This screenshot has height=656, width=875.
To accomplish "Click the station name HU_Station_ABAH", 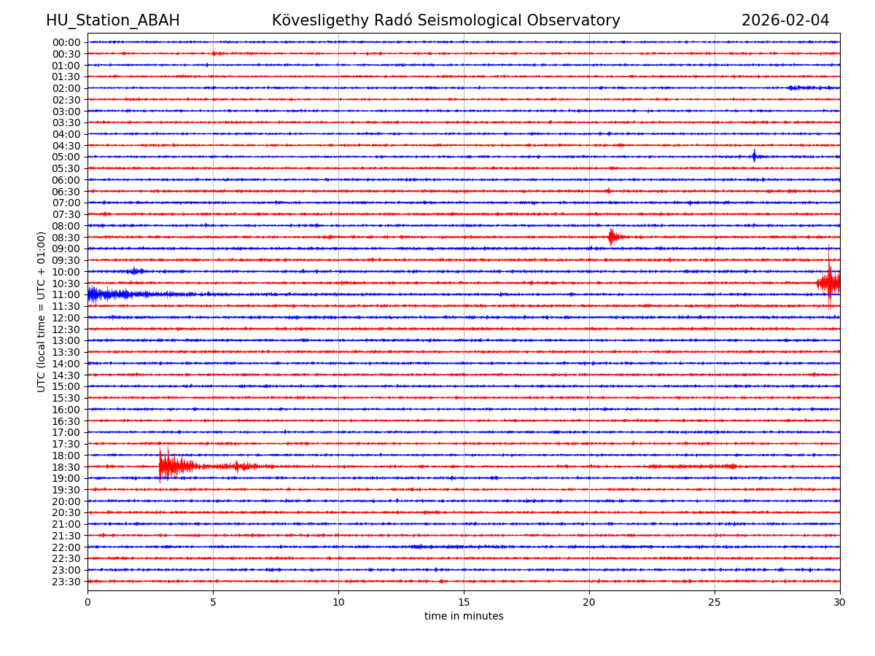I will [112, 20].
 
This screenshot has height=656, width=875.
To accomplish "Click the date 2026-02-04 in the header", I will [785, 20].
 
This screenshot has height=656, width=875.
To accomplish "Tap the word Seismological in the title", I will [459, 20].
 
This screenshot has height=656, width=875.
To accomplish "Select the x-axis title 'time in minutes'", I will [464, 617].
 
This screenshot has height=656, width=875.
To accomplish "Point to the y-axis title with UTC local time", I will [42, 311].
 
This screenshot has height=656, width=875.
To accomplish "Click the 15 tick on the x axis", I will [464, 603].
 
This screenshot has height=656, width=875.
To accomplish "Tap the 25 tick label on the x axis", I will [715, 603].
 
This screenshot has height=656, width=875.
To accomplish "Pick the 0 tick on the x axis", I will [87, 603].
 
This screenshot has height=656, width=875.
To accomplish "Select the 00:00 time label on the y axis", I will [66, 42].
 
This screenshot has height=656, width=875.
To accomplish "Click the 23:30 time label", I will [66, 582].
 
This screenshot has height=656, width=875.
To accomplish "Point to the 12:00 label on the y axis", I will [66, 318].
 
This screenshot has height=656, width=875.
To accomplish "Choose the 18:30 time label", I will [66, 467].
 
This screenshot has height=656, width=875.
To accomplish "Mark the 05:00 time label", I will [66, 157].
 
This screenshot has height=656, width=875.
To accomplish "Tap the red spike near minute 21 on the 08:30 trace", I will [612, 237].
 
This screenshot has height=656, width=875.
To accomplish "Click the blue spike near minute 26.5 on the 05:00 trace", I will [754, 156].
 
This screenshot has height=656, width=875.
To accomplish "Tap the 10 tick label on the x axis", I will [338, 603].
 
